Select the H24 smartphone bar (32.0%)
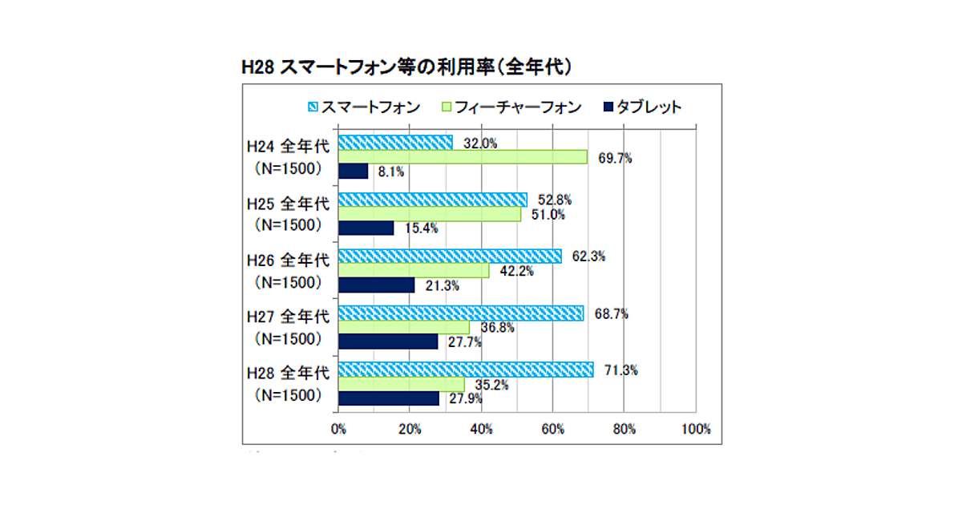click(x=395, y=143)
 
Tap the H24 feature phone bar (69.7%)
click(x=463, y=157)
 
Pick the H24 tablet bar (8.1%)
click(x=353, y=171)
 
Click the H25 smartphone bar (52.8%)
click(x=432, y=200)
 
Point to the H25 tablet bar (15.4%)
click(x=366, y=228)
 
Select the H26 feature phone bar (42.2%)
click(x=413, y=271)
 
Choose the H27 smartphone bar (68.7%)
click(x=461, y=313)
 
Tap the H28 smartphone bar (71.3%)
click(x=466, y=370)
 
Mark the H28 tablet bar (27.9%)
click(x=388, y=398)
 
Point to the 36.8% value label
click(x=497, y=328)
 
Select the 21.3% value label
click(x=442, y=286)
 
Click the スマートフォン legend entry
click(x=364, y=107)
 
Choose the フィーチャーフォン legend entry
click(x=512, y=107)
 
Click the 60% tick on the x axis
click(x=552, y=429)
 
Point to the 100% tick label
click(x=694, y=429)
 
